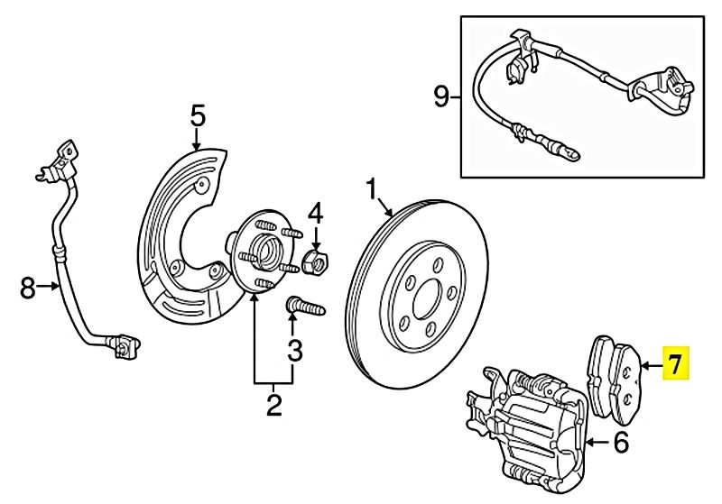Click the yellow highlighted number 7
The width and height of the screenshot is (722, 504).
[675, 363]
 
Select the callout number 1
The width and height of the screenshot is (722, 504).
[372, 189]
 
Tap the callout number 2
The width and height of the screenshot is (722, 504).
[273, 405]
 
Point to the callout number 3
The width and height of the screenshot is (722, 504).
[295, 351]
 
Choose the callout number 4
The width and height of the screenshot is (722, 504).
[315, 213]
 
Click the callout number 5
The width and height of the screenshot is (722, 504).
[198, 116]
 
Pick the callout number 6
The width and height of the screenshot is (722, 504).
[620, 443]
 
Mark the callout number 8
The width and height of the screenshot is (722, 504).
[28, 289]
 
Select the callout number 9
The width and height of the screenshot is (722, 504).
[441, 97]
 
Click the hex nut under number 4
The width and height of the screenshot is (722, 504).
[315, 262]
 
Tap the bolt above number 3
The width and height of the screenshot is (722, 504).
[305, 306]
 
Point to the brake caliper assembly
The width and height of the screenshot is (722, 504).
[527, 426]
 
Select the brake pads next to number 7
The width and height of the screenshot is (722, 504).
[615, 379]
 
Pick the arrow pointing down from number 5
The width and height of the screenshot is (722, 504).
[198, 139]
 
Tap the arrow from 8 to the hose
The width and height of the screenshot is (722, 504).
[48, 287]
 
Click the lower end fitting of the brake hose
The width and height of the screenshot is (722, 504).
[123, 347]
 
